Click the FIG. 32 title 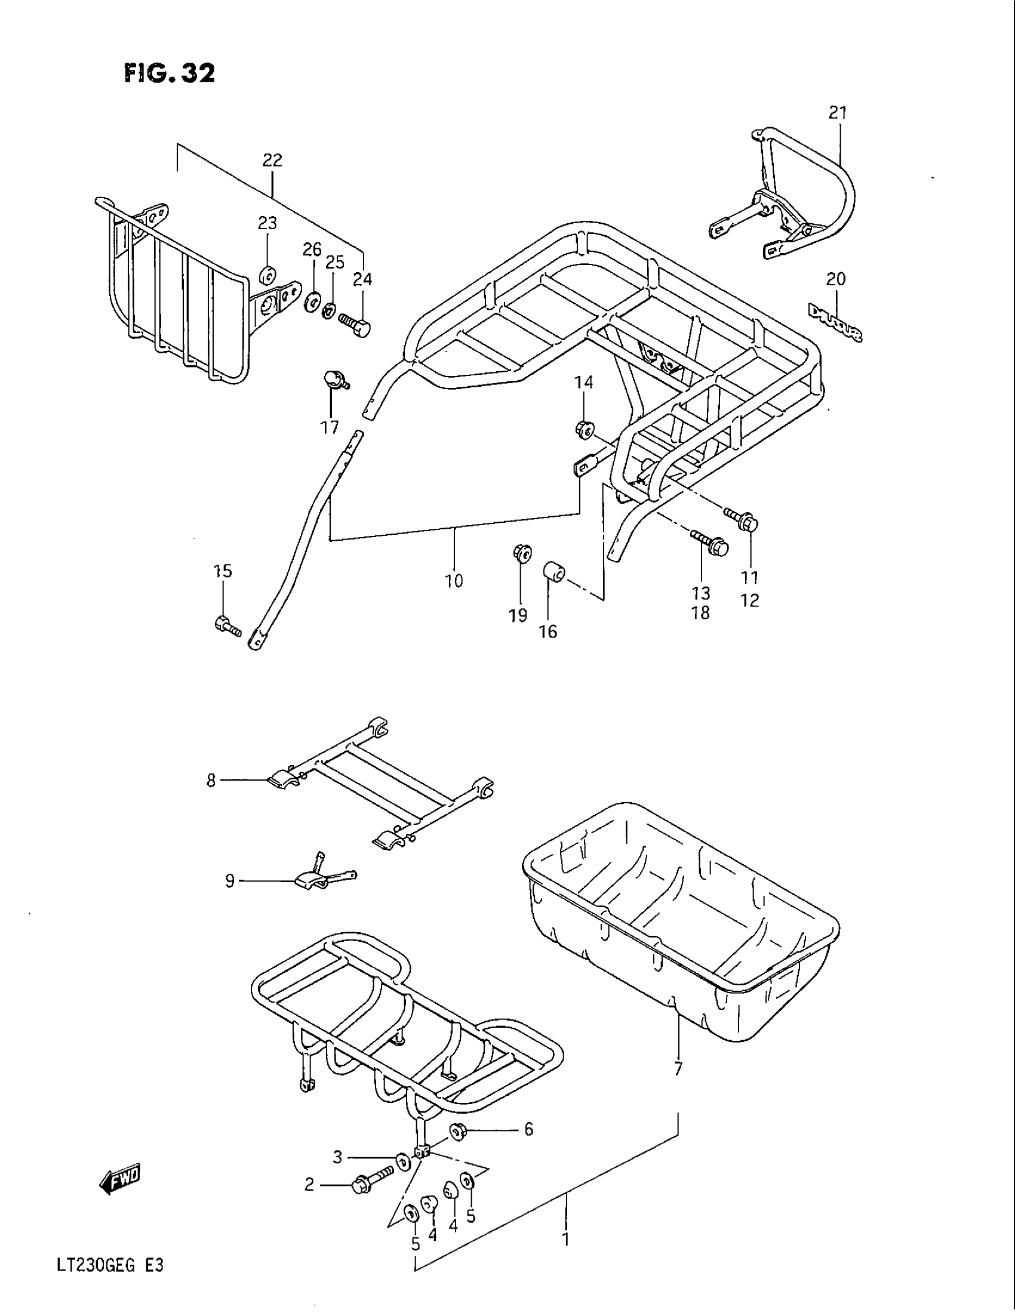coord(170,74)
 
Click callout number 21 coord(838,112)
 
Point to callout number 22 coord(272,160)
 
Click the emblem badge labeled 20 coord(835,322)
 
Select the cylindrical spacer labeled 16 coord(553,571)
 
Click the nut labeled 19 coord(521,552)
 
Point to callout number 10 coord(454,581)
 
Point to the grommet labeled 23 coord(267,275)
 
